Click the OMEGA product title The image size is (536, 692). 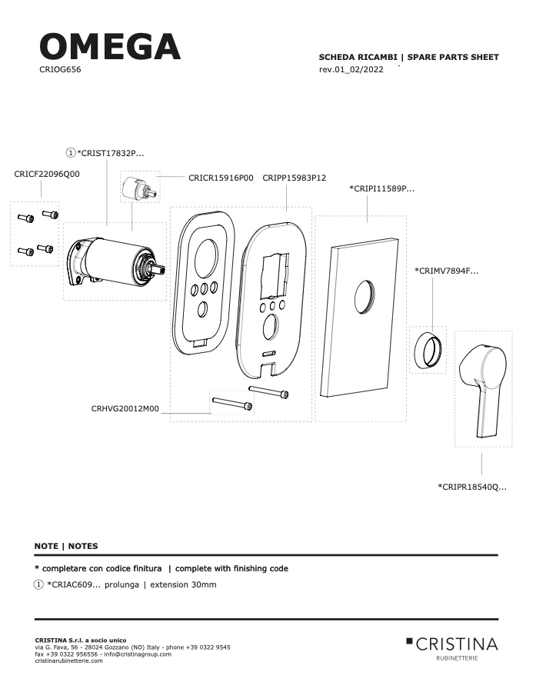110,46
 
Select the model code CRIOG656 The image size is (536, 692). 60,70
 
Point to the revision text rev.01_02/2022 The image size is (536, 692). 351,70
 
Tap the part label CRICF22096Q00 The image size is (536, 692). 47,174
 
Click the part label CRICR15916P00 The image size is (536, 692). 221,178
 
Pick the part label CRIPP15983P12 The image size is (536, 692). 294,178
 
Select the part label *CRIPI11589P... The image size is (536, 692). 382,188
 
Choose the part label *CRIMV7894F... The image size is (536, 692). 446,271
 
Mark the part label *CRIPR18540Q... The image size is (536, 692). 472,487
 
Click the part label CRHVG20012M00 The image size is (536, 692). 125,409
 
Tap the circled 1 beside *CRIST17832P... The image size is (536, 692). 71,153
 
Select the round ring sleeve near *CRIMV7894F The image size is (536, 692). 428,350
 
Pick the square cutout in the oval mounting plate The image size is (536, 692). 275,275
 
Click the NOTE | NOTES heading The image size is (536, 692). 66,546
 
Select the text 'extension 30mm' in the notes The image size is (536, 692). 183,585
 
